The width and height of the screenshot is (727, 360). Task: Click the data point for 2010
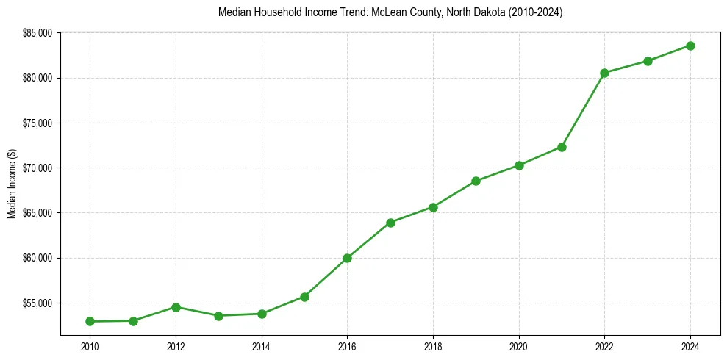pos(90,321)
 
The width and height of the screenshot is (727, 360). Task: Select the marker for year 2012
pos(176,307)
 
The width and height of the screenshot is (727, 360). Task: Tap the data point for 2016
pos(347,258)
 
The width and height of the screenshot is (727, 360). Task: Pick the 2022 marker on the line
pos(604,73)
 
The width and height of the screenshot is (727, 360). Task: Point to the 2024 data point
pos(690,46)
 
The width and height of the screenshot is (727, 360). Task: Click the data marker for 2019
pos(476,181)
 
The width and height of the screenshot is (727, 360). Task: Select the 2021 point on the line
pos(562,147)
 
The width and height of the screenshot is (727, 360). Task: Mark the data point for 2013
pos(218,316)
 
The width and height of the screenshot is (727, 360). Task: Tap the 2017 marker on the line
pos(390,223)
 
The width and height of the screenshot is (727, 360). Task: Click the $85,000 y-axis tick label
pos(38,33)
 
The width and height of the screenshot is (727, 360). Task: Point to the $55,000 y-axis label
pos(38,303)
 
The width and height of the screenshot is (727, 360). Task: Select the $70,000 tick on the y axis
pos(38,168)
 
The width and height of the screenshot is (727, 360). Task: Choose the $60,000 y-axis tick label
pos(38,258)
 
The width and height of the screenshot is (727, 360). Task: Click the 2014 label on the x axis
pos(261,346)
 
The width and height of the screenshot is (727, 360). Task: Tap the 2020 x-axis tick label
pos(519,346)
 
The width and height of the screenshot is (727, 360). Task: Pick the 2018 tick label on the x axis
pos(433,346)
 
